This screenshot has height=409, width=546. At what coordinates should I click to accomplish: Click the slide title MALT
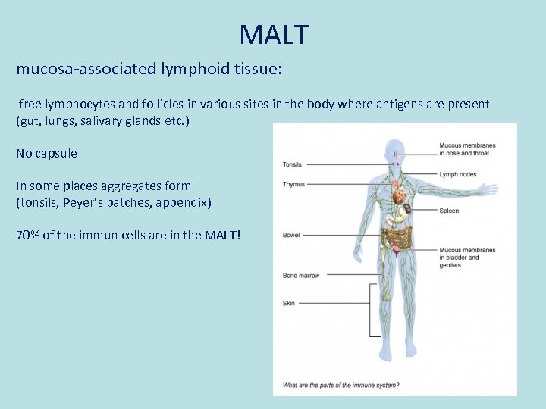[x=274, y=35]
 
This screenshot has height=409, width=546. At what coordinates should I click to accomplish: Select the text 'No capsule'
[x=46, y=153]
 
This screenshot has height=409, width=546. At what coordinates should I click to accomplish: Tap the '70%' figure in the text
[x=27, y=235]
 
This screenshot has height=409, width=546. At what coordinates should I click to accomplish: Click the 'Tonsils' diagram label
[x=292, y=164]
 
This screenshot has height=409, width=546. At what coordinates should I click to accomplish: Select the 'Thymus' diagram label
[x=293, y=184]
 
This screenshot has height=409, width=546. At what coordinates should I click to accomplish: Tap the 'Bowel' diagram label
[x=291, y=236]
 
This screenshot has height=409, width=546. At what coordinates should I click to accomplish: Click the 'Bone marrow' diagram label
[x=301, y=276]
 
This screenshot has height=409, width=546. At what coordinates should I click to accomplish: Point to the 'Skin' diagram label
[x=289, y=303]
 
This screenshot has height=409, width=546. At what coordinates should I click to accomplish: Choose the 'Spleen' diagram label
[x=449, y=211]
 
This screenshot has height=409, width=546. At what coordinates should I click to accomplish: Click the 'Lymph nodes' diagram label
[x=458, y=174]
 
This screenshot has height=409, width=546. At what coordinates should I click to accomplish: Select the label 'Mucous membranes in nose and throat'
[x=467, y=149]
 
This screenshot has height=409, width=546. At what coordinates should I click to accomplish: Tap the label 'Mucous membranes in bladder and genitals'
[x=467, y=258]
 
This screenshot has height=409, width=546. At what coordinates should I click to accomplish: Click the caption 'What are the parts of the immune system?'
[x=340, y=386]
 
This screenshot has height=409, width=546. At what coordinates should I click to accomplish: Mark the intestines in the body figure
[x=396, y=238]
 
